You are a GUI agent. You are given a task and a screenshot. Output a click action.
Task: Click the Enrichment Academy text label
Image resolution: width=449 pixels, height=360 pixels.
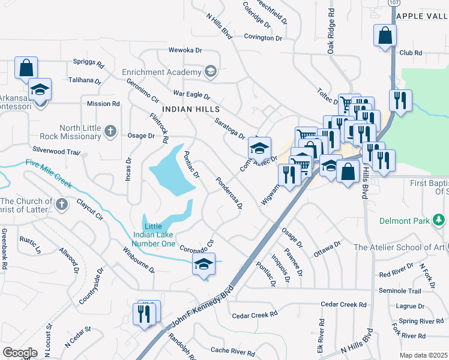pyautogui.click(x=161, y=72)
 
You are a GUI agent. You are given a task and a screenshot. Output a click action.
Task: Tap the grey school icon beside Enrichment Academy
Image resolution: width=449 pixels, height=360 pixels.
pyautogui.click(x=210, y=72)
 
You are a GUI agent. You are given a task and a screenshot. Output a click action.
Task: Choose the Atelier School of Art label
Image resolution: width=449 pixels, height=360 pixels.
pyautogui.click(x=400, y=247)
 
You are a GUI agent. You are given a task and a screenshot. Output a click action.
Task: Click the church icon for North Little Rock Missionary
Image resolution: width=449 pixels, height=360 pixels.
pyautogui.click(x=109, y=131)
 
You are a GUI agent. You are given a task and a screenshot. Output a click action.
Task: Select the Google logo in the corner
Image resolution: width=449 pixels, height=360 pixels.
pyautogui.click(x=20, y=353)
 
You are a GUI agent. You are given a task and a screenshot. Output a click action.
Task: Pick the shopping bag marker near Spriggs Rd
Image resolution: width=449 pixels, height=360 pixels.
pyautogui.click(x=26, y=68)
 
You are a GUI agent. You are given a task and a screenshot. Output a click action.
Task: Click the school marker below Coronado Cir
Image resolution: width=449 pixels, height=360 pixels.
pyautogui.click(x=203, y=264)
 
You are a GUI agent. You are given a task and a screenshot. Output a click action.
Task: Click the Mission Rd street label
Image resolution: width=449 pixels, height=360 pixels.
pyautogui.click(x=103, y=103)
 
